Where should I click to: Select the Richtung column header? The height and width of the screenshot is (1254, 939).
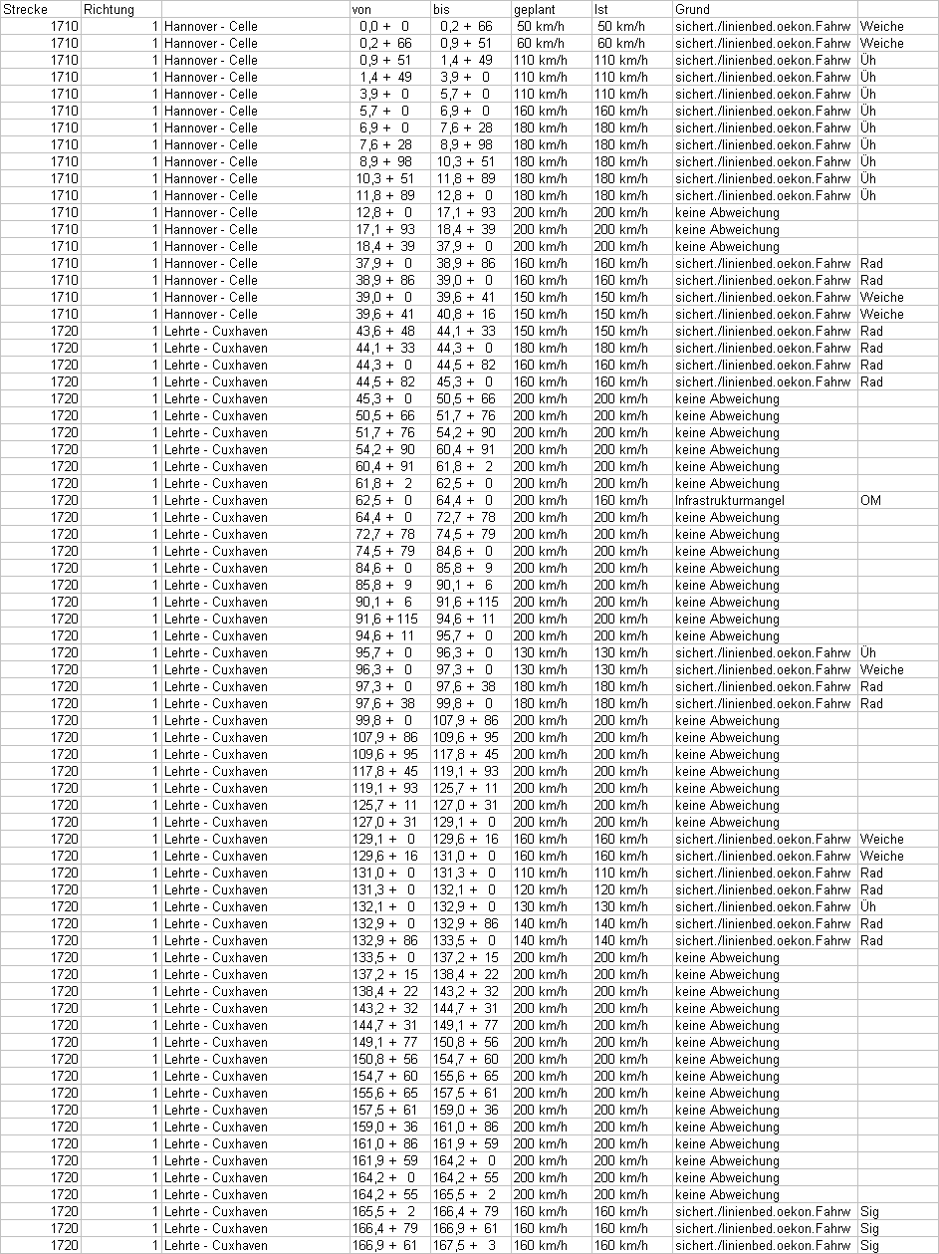tap(109, 9)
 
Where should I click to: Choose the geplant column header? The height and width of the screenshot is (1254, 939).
tap(535, 9)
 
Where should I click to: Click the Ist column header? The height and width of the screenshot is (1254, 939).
tap(601, 9)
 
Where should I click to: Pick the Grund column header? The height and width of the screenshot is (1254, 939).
tap(692, 9)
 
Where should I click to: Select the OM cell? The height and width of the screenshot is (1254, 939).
tap(870, 500)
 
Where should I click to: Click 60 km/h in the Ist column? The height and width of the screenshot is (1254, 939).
tap(619, 43)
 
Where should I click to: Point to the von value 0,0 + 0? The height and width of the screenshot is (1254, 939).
tap(384, 26)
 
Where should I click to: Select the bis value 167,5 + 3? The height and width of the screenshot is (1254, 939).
tap(464, 1245)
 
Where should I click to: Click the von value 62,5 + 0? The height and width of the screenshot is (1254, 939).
tap(384, 500)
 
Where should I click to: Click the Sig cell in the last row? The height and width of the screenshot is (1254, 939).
tap(869, 1245)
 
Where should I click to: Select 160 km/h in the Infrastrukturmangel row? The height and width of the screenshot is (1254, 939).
tap(619, 500)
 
